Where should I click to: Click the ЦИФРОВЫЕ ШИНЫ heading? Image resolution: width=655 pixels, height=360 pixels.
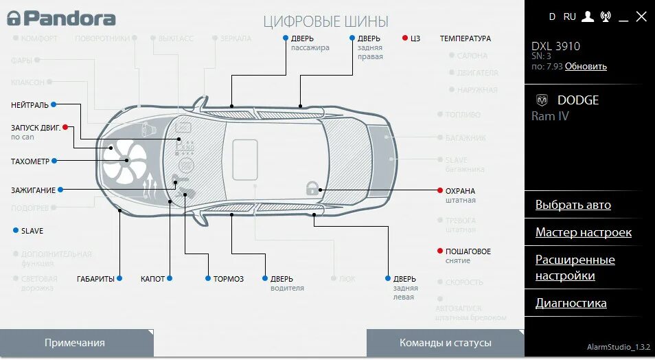[325, 22]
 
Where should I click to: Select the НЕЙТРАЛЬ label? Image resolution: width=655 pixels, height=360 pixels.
[30, 105]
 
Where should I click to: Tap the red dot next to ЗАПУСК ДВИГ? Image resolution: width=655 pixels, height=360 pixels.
[65, 127]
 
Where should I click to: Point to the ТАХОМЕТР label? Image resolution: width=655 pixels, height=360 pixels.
[30, 161]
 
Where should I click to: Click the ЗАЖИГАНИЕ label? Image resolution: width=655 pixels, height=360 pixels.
[33, 190]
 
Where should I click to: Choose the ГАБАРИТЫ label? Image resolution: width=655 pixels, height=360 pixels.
[95, 278]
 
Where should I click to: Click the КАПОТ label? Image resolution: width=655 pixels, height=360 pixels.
[152, 278]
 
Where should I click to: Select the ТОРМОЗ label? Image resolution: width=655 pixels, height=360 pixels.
[228, 278]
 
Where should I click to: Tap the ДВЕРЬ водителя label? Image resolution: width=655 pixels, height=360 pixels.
[282, 279]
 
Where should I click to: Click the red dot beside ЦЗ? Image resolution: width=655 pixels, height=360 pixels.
[405, 38]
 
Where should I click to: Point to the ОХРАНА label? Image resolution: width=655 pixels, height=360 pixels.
[460, 191]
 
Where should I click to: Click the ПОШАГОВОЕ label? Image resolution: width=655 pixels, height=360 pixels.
[468, 251]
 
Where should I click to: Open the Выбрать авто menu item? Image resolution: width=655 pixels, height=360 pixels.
[573, 205]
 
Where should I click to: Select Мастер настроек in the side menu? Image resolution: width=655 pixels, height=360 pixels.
[583, 232]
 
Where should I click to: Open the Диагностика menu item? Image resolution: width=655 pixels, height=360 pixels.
[571, 303]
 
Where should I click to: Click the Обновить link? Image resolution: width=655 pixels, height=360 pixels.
[586, 67]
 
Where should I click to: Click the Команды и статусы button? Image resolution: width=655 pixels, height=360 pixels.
[445, 343]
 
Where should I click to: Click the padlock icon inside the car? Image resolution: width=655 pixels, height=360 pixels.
[312, 188]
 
